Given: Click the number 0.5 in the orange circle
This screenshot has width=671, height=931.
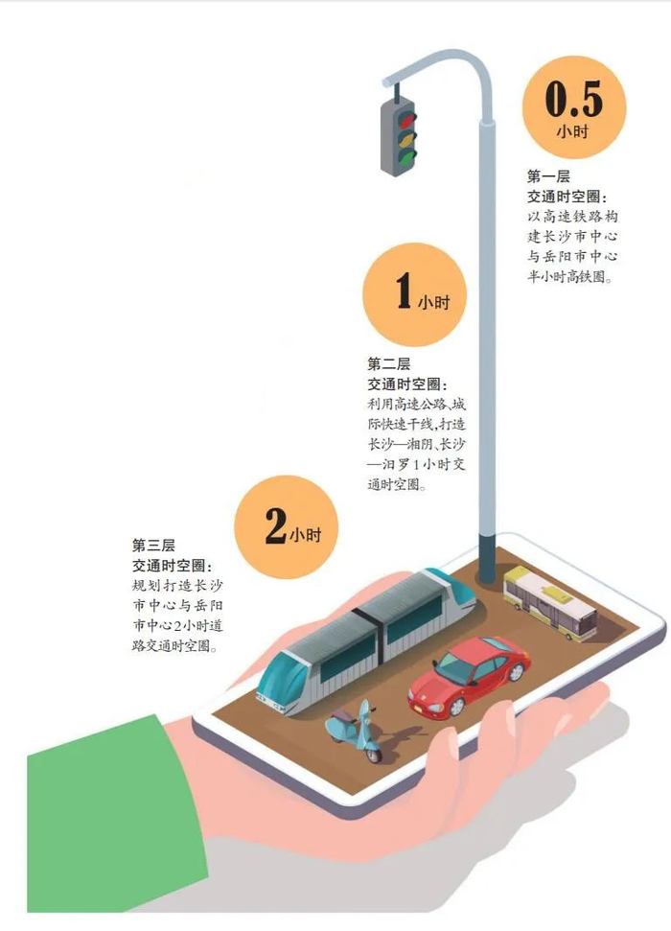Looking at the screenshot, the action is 573,99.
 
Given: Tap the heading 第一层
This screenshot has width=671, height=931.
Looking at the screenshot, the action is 548,176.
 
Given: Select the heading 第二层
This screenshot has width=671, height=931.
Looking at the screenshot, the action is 388,363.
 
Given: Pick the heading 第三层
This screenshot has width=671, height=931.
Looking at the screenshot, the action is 153,545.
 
